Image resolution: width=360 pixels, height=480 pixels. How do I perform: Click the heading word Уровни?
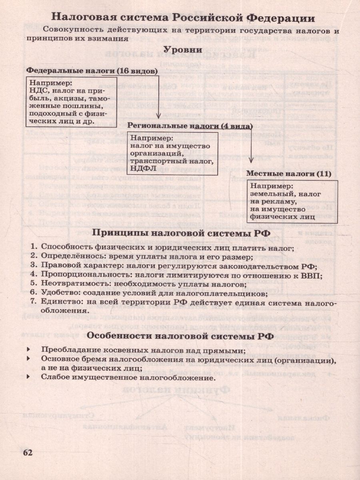pyautogui.click(x=182, y=50)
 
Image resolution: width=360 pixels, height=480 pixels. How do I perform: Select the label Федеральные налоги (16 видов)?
pyautogui.click(x=92, y=70)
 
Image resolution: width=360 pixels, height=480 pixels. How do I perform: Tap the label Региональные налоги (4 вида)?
pyautogui.click(x=190, y=126)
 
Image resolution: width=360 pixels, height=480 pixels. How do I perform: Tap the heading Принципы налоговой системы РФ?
pyautogui.click(x=182, y=233)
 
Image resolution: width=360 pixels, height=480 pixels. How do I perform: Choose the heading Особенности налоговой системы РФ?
pyautogui.click(x=180, y=336)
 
